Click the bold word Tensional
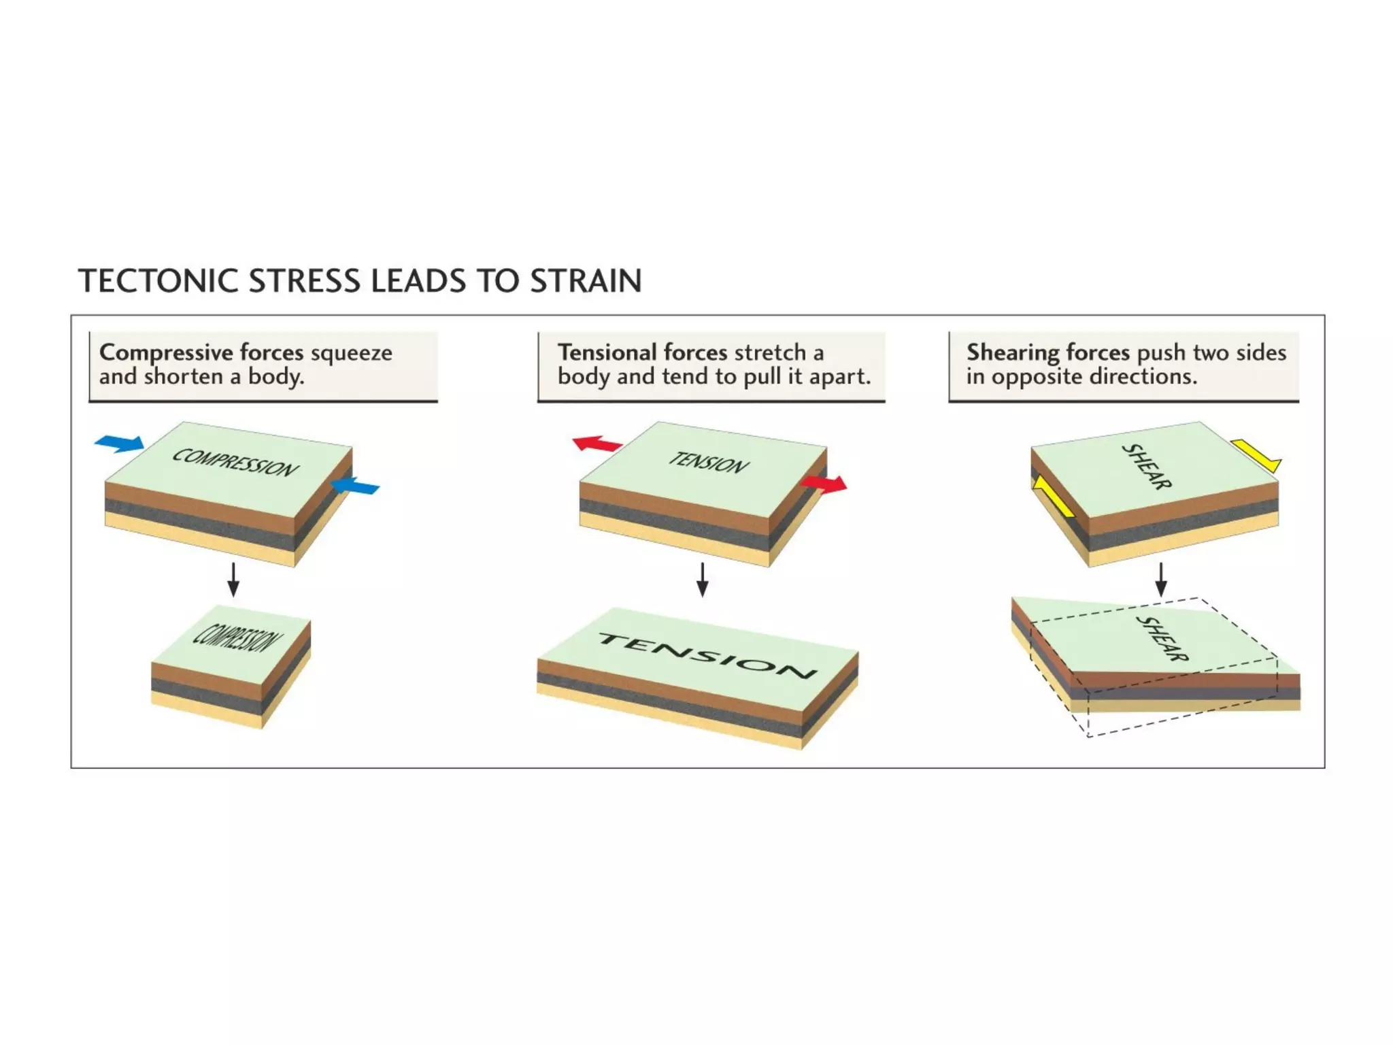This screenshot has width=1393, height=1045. point(607,352)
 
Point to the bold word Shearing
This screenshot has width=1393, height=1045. point(1013,352)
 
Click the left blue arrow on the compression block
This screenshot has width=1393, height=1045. point(120,444)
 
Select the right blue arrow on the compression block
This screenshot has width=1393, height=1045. point(355,486)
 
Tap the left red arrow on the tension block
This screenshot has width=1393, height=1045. point(597,444)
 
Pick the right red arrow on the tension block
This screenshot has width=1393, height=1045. point(824,484)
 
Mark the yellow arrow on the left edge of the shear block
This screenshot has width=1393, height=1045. point(1052,497)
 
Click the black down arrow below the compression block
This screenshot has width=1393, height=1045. point(233,580)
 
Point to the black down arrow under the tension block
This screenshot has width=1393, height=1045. point(703,580)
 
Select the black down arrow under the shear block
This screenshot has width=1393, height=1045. point(1161,580)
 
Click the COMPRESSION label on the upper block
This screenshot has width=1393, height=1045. point(235,463)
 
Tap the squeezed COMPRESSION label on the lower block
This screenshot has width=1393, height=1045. point(237,637)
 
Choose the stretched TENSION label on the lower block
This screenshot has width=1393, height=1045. point(707,656)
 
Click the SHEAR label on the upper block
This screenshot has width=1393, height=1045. point(1146,467)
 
